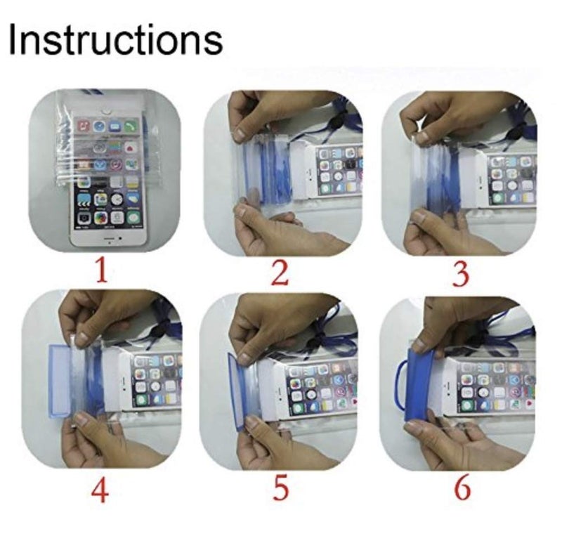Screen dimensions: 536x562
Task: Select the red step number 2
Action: (x=280, y=273)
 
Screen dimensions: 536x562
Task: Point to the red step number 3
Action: (x=460, y=273)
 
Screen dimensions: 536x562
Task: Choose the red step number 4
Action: (x=100, y=490)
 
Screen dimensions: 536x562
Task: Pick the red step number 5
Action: (x=280, y=490)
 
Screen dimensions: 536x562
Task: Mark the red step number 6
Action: (x=462, y=490)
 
